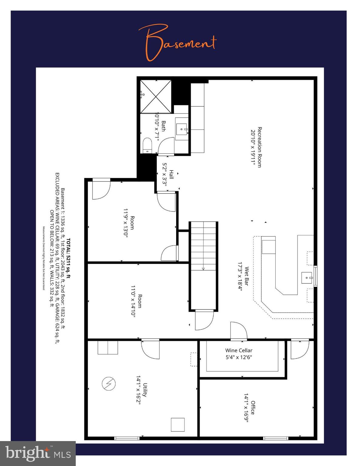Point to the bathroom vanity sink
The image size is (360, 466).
click(182, 130)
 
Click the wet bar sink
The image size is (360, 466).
click(307, 277)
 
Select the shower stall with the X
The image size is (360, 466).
click(156, 97)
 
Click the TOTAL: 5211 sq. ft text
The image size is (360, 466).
click(69, 258)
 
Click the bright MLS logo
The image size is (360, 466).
click(38, 453)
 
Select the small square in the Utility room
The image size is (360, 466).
click(178, 424)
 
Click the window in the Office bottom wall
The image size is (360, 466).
click(275, 438)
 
